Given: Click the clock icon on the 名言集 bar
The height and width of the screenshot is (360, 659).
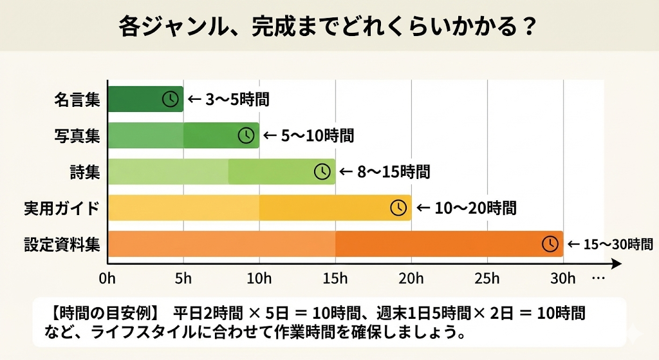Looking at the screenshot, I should pyautogui.click(x=170, y=99).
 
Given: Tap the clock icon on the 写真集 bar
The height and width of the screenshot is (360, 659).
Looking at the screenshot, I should pyautogui.click(x=246, y=135).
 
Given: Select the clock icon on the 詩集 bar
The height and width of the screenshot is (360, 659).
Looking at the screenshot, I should pyautogui.click(x=322, y=171).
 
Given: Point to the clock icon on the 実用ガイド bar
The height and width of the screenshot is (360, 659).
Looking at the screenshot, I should pyautogui.click(x=399, y=207).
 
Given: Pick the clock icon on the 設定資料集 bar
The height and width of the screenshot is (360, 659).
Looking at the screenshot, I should pyautogui.click(x=550, y=243).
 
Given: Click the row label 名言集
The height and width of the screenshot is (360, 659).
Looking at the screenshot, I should pyautogui.click(x=77, y=100).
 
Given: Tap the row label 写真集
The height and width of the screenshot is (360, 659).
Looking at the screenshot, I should pyautogui.click(x=77, y=136).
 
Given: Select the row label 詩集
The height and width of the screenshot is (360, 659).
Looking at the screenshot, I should pyautogui.click(x=85, y=172).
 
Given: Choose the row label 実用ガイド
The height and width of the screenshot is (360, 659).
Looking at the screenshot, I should pyautogui.click(x=62, y=208).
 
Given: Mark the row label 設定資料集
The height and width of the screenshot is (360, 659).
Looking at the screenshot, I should pyautogui.click(x=62, y=245).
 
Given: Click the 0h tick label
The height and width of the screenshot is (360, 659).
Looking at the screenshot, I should pyautogui.click(x=107, y=278).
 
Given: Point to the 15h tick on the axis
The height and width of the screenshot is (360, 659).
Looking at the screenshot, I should pyautogui.click(x=335, y=278).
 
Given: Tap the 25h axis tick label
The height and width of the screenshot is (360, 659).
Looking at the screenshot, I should pyautogui.click(x=487, y=278).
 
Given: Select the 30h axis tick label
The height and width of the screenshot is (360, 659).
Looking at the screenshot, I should pyautogui.click(x=563, y=278).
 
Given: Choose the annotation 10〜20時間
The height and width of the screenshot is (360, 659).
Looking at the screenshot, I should pyautogui.click(x=474, y=208).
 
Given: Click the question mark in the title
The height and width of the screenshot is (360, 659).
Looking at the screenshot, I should pyautogui.click(x=530, y=26).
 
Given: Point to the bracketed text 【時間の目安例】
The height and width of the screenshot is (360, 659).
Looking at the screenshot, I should pyautogui.click(x=103, y=314).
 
